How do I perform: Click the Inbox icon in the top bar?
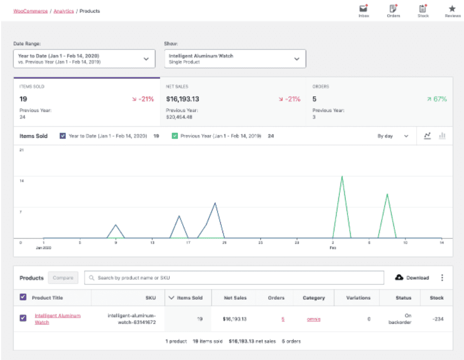coord(363,9)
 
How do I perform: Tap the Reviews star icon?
coord(452,9)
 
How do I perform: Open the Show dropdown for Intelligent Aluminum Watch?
coord(235,59)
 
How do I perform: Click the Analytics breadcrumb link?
coord(64,11)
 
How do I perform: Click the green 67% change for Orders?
coord(437,99)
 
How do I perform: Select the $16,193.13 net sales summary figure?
coord(182,99)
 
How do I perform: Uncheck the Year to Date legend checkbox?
coord(62,136)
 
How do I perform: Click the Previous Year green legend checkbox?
coord(175,136)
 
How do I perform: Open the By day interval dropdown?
coord(393,136)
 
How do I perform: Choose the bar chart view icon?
coord(442,136)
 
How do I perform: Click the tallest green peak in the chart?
coord(342,177)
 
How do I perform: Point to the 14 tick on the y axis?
coord(22,181)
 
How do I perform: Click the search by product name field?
coord(234,278)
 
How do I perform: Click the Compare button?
coord(63,278)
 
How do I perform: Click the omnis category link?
coord(313,319)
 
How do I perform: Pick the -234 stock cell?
coord(437,319)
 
